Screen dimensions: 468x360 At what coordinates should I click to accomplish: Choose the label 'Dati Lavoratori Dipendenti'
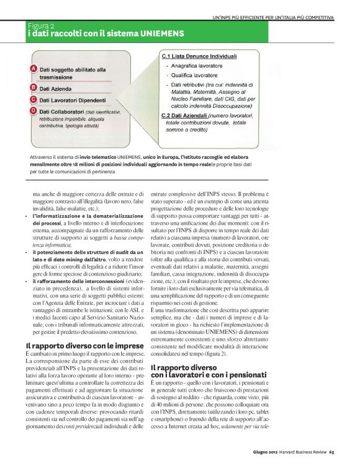coord(76,99)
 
